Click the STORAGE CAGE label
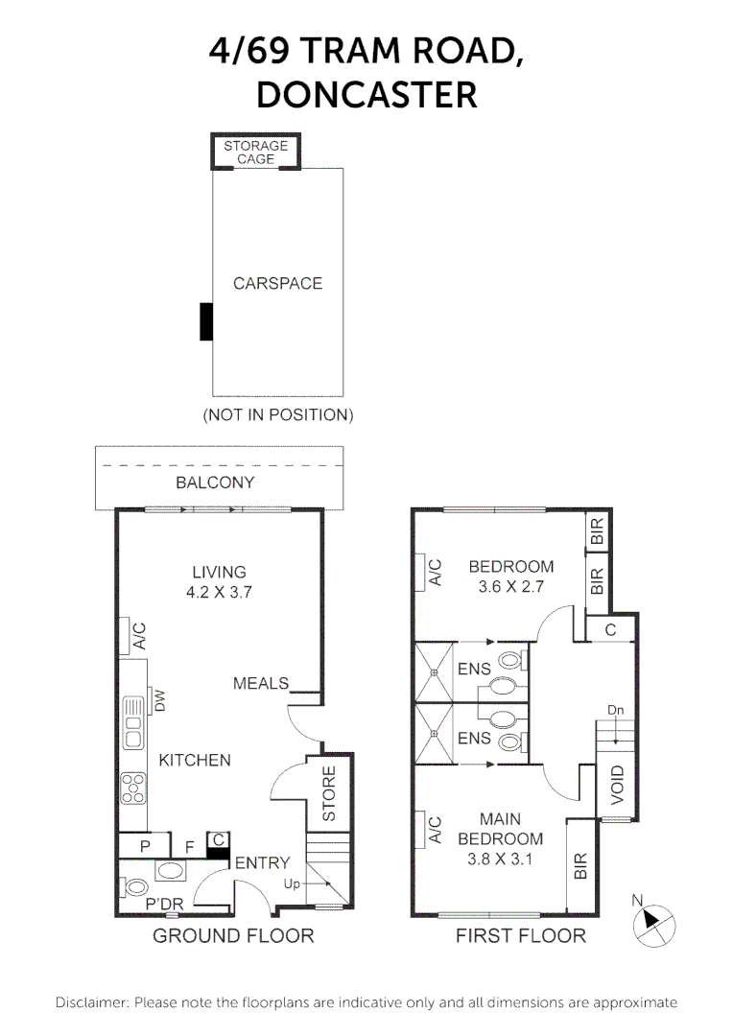coord(255,152)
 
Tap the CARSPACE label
coord(277,283)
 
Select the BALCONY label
coord(215,483)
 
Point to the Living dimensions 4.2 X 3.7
coord(219,592)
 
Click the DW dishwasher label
coord(159,701)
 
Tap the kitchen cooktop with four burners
coord(133,789)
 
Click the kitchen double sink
coord(133,723)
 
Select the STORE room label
coord(328,793)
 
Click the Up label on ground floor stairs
coord(292,883)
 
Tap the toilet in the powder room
coord(134,886)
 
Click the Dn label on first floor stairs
coord(615,710)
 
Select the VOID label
coord(617,785)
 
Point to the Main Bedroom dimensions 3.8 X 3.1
coord(500,859)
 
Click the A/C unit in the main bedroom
coord(419,829)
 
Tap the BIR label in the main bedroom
coord(580,866)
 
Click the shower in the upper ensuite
coord(435,671)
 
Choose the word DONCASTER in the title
coord(366,94)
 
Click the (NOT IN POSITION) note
coord(277,415)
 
